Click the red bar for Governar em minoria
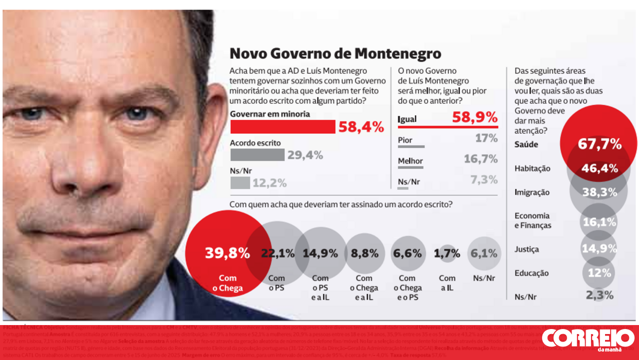coord(283,127)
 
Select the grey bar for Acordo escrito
coord(257,155)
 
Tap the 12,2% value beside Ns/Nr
coord(270,183)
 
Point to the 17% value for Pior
coord(486,138)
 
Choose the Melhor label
coord(410,161)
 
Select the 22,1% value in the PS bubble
coord(278,253)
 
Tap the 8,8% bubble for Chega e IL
coord(364,253)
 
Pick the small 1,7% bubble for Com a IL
coord(447,253)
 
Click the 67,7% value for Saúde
coord(600,144)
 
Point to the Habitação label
coord(532,169)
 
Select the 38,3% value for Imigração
coord(599,192)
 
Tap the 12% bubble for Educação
coord(599,273)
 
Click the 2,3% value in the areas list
coord(599,295)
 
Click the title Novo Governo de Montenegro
coord(335,53)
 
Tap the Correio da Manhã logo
coord(588,340)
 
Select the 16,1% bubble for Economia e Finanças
coord(599,222)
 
